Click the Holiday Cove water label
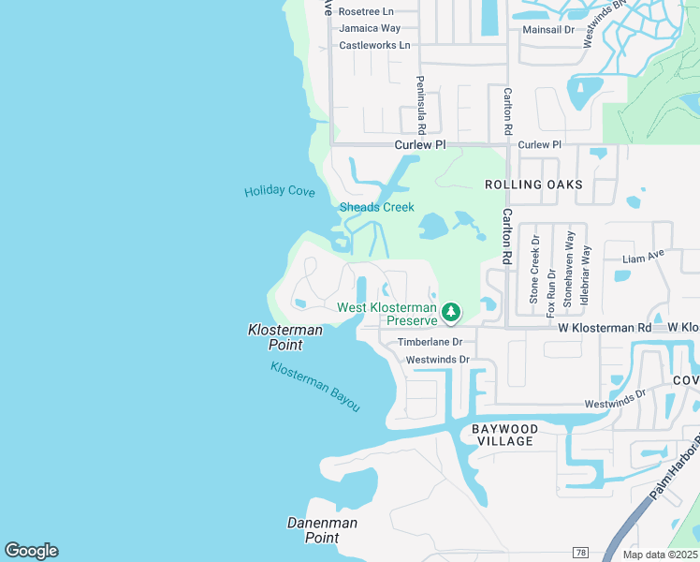point(280,191)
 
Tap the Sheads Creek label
point(376,207)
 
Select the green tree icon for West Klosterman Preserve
point(451,311)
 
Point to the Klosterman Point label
point(284,337)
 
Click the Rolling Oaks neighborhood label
point(533,185)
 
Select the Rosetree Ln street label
point(367,12)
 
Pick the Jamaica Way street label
point(370,28)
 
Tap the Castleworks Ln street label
point(374,45)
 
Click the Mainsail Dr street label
point(548,30)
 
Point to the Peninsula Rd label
point(421,103)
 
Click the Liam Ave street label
point(643,255)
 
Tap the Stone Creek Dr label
point(534,269)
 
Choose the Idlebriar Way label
point(585,269)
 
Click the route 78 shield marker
point(581,555)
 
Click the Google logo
point(31,551)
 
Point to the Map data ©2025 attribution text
point(660,555)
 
